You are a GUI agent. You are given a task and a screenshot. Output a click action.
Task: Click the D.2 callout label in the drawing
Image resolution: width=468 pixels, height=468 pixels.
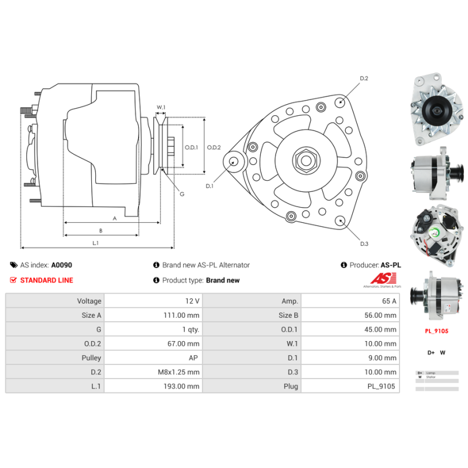tap(363, 78)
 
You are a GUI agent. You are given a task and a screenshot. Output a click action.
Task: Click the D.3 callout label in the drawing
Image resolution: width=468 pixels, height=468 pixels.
tap(363, 243)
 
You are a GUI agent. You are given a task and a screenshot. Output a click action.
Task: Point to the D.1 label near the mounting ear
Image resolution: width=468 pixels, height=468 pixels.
tap(210, 186)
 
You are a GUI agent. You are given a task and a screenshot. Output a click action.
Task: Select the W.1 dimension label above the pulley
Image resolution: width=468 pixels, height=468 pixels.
tap(161, 107)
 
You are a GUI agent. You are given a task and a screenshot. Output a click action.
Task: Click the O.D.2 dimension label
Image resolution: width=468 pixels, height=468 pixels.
tap(214, 147)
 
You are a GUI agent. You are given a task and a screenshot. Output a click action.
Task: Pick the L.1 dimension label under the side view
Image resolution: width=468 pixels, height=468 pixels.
tap(95, 242)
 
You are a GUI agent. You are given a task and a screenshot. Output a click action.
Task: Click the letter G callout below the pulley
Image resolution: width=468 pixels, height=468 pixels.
tap(182, 194)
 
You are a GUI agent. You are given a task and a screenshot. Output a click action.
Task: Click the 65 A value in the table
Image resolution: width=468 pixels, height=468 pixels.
tap(390, 301)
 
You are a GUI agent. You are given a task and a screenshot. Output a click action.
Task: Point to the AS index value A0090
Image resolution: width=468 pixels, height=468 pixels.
tap(61, 265)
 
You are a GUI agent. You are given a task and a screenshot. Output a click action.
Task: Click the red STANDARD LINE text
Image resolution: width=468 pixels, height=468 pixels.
tap(46, 280)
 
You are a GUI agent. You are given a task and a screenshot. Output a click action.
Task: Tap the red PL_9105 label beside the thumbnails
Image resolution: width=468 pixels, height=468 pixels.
tap(436, 331)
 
